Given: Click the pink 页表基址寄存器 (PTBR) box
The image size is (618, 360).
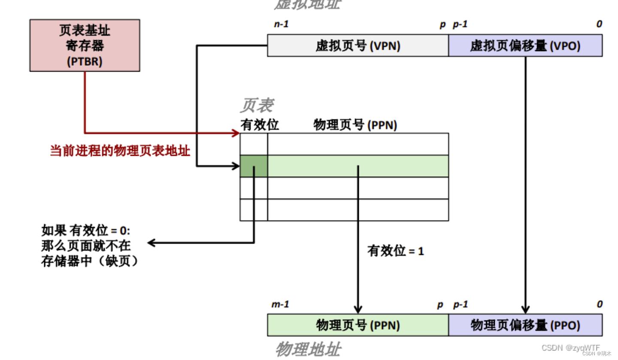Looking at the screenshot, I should (85, 45).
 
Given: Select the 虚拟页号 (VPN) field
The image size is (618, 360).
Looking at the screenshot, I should (357, 46).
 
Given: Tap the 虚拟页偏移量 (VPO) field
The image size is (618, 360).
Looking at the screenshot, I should (525, 46).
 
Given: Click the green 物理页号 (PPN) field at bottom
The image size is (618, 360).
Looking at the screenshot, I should (357, 325).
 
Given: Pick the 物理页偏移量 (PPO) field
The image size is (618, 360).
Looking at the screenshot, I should (525, 325).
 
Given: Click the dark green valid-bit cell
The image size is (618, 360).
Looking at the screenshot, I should (254, 166).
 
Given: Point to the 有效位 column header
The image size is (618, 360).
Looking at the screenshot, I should (259, 125).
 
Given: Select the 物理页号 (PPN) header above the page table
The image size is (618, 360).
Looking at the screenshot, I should (355, 125).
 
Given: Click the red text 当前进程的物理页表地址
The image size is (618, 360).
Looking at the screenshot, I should (120, 151).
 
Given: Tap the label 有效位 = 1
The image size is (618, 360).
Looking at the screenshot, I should (395, 251).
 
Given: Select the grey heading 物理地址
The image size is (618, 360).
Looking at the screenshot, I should (307, 350).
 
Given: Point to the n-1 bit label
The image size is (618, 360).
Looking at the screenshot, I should (281, 24).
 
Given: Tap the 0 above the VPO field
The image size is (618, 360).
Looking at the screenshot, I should (599, 24).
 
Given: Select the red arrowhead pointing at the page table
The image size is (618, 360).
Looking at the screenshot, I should (236, 133).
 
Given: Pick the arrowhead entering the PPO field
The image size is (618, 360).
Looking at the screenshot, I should (525, 309).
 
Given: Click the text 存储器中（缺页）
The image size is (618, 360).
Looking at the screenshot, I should (90, 262).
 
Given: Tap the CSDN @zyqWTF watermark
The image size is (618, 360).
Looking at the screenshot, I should (570, 347).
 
